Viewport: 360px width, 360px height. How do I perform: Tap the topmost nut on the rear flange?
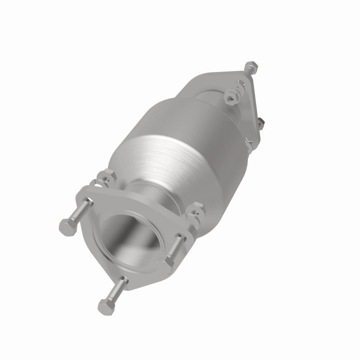point(250,67)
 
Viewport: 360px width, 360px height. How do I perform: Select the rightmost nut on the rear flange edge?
point(261,122)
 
